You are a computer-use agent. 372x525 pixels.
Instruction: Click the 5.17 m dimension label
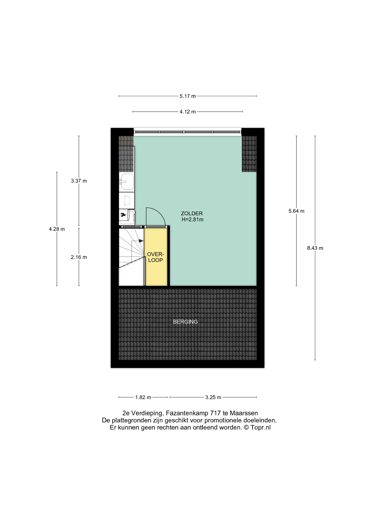[188, 96]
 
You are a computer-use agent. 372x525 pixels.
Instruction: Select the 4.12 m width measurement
[188, 112]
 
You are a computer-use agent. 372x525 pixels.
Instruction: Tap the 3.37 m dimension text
[79, 181]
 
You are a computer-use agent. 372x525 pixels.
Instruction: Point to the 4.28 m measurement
[57, 229]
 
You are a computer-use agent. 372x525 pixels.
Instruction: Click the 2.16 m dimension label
[79, 257]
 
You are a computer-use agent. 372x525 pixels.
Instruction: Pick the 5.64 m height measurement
[296, 211]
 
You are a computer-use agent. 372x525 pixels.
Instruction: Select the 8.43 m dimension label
[315, 248]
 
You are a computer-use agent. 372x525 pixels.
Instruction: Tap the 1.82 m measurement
[143, 397]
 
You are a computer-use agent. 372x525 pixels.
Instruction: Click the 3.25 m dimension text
[213, 397]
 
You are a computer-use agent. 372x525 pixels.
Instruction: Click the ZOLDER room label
[192, 214]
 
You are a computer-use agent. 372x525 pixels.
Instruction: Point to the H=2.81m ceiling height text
[193, 220]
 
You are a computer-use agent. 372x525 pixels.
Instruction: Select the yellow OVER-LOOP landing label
[156, 257]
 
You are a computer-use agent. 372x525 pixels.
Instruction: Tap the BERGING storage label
[185, 322]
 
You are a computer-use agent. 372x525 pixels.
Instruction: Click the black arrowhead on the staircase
[141, 241]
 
